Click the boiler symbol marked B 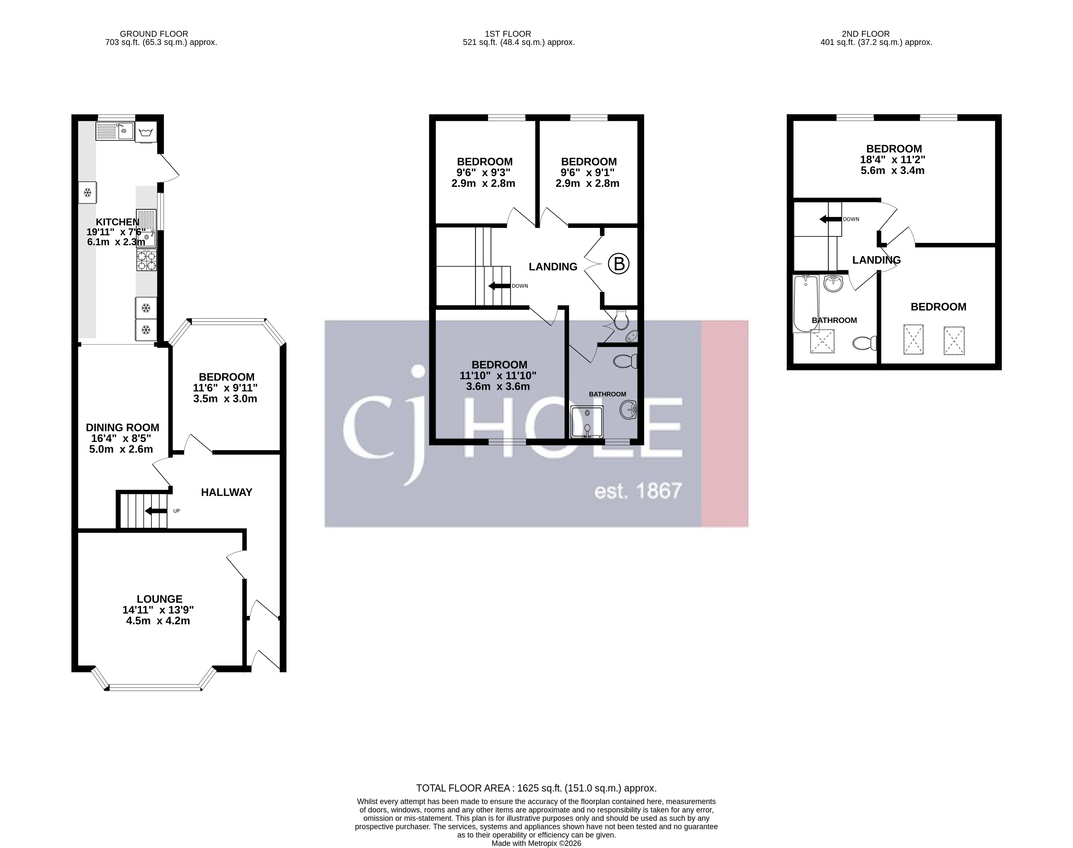coord(619,264)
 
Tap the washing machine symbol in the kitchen coord(145,132)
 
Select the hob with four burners coord(147,260)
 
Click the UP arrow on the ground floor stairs coord(155,511)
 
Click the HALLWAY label coord(226,492)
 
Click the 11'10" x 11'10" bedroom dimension coord(498,375)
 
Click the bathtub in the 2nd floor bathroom coord(805,303)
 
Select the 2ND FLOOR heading coord(866,34)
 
